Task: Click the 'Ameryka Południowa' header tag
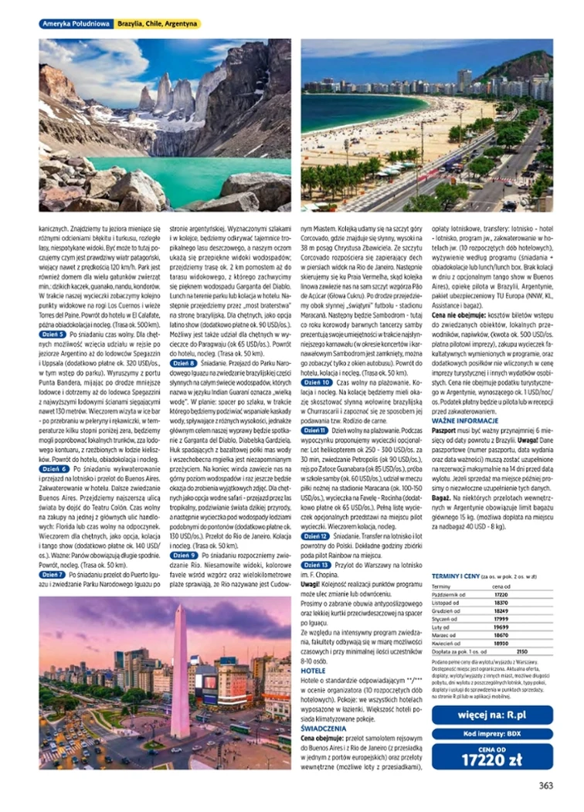[x=75, y=24]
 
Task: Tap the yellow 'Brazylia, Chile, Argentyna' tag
[x=157, y=24]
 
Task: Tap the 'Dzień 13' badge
[x=316, y=565]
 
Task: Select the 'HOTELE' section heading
[x=312, y=670]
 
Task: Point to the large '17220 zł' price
[x=492, y=758]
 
